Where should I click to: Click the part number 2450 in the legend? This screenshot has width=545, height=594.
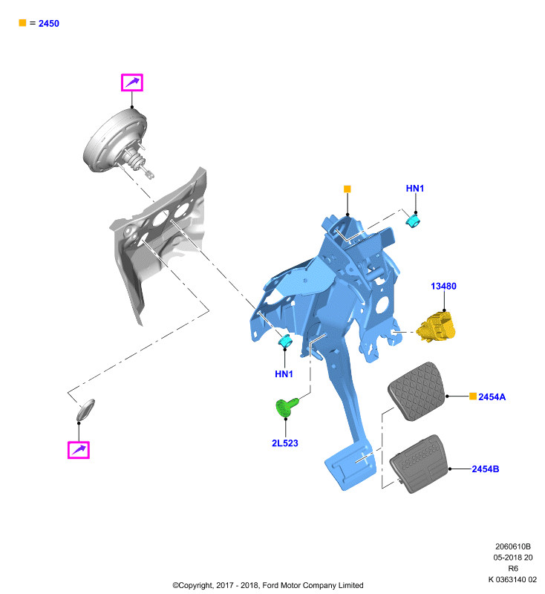tap(49, 24)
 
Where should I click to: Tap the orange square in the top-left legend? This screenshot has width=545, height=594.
tap(23, 23)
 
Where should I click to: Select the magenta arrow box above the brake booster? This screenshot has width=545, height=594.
tap(132, 82)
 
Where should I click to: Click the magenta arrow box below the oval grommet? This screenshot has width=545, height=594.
tap(79, 450)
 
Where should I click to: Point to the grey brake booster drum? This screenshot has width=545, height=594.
tap(114, 141)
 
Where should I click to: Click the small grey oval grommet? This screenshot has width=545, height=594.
tap(85, 410)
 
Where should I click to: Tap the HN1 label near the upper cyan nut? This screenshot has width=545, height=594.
tap(415, 189)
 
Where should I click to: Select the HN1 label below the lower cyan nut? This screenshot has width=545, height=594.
tap(284, 374)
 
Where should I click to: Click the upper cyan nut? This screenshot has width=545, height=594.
tap(413, 221)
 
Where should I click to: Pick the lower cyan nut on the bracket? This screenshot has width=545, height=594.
tap(285, 341)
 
